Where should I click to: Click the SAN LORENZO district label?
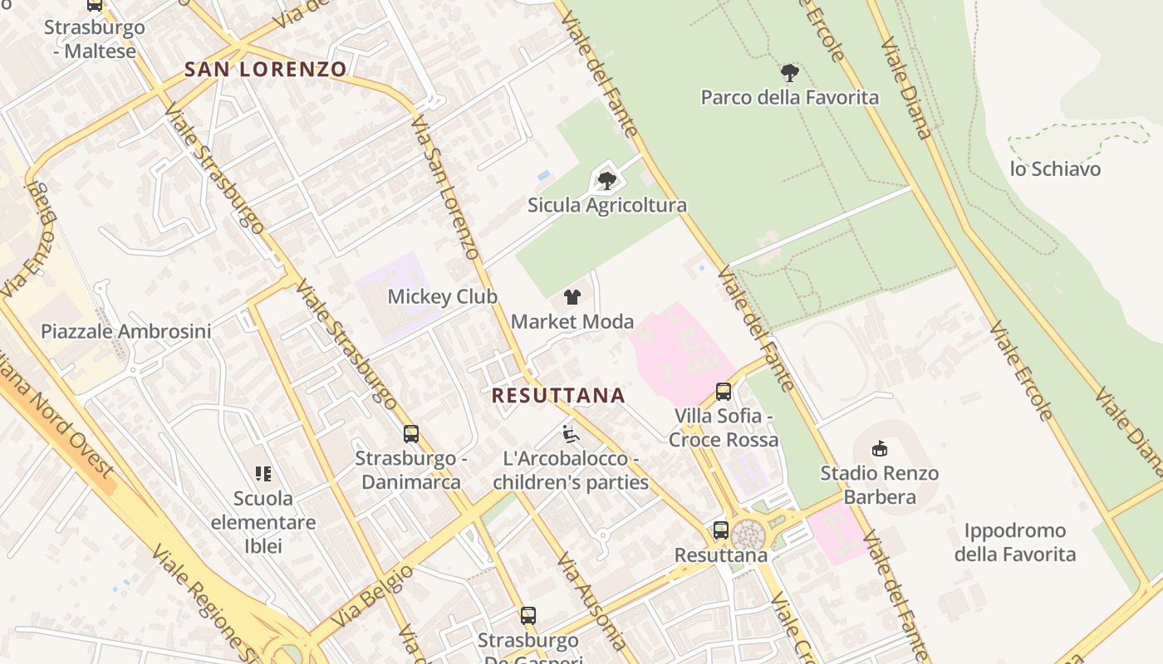(265, 69)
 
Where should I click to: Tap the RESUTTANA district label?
(558, 395)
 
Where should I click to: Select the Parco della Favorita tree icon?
(790, 73)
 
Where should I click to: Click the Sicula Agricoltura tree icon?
(607, 180)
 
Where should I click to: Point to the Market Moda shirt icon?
(572, 296)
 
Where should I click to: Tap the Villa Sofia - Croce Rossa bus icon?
(724, 391)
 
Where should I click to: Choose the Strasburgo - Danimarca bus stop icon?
(410, 433)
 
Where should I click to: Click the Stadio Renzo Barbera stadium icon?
(879, 449)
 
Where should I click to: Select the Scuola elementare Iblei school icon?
(263, 474)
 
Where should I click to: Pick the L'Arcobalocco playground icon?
(571, 433)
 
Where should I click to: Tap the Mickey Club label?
(442, 296)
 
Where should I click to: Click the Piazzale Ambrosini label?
(126, 331)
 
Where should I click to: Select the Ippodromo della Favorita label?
(1014, 542)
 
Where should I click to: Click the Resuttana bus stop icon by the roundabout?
(721, 530)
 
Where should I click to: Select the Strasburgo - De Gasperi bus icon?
(528, 616)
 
